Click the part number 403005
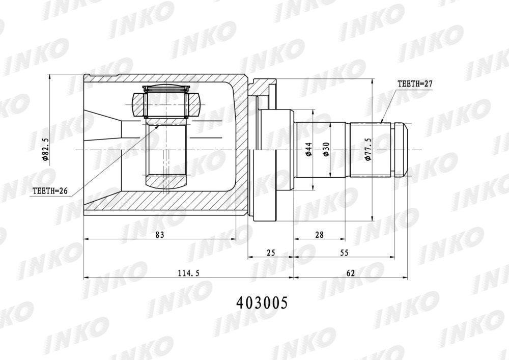click(262, 303)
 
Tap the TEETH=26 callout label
click(50, 191)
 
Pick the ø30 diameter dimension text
click(326, 150)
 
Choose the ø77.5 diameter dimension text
click(368, 149)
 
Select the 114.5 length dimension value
click(189, 273)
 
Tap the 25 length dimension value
click(271, 252)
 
